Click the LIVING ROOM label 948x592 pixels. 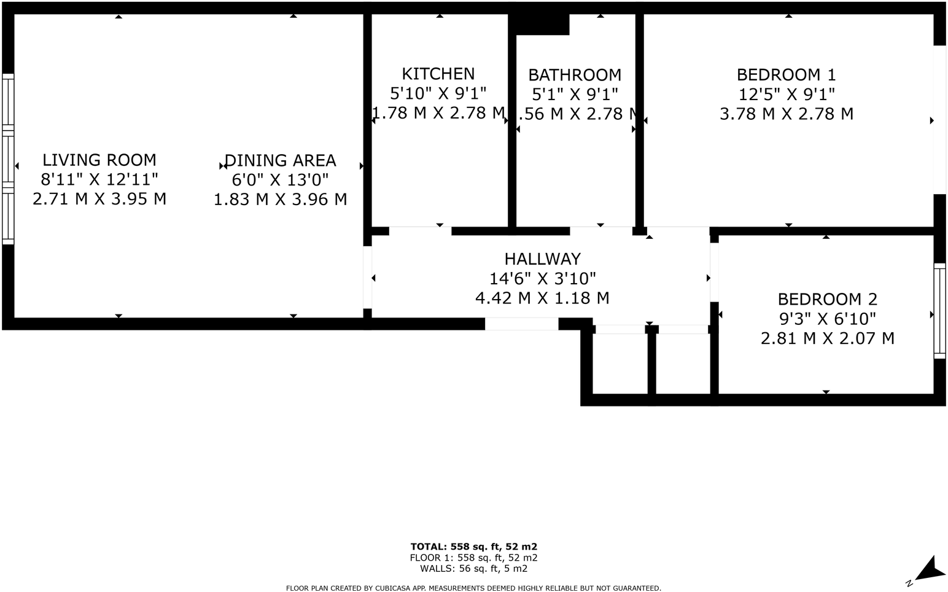(99, 160)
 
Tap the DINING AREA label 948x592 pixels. (280, 161)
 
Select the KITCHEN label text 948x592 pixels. (438, 74)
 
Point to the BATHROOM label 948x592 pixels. (575, 76)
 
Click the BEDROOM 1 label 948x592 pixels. (786, 75)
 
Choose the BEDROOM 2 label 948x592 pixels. (827, 300)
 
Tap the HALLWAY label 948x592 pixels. (542, 259)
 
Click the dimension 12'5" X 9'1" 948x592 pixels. (786, 95)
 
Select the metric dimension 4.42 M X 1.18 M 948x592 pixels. (542, 298)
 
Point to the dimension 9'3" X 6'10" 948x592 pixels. (827, 319)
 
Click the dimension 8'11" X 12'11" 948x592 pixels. (99, 180)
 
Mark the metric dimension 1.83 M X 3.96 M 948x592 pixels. (280, 200)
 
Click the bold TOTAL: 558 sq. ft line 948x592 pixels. (474, 547)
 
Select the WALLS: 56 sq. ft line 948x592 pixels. (474, 569)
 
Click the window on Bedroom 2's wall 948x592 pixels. (939, 311)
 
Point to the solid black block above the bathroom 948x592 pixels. (542, 25)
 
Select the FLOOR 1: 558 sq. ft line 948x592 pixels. (474, 558)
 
